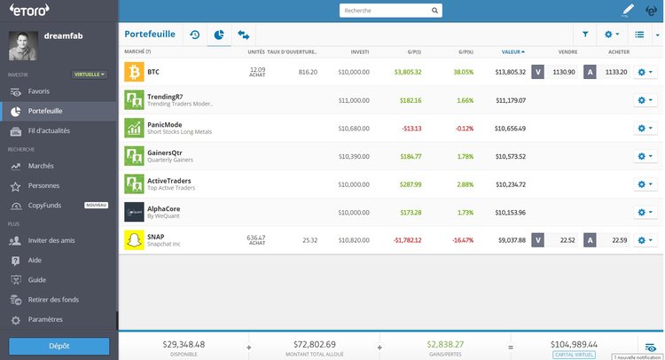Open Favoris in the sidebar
(x=38, y=91)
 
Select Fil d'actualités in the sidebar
(x=49, y=130)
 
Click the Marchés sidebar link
(x=41, y=166)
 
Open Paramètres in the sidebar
(x=45, y=319)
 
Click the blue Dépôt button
(x=59, y=345)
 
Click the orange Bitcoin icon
(x=134, y=72)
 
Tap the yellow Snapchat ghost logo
(x=134, y=239)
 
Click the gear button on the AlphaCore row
(x=645, y=212)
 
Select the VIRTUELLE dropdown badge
(x=90, y=74)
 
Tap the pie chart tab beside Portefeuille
(x=218, y=35)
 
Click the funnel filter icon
(x=585, y=35)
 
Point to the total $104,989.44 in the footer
(x=574, y=343)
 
